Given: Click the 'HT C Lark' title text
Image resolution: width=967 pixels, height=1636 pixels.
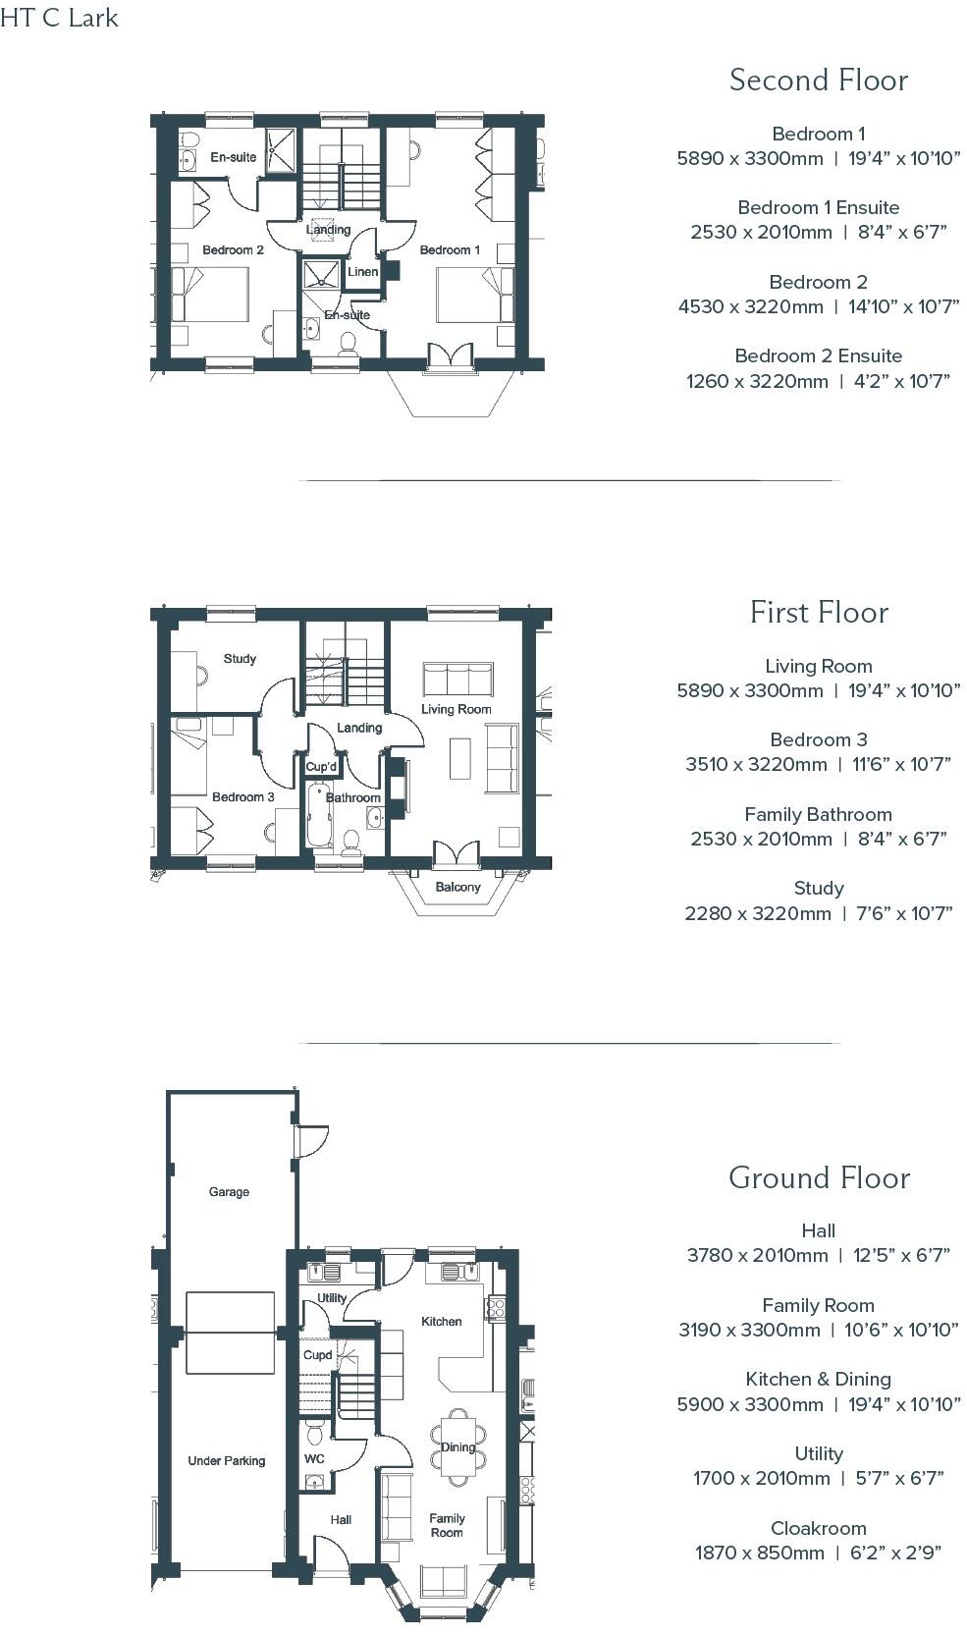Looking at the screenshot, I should pyautogui.click(x=60, y=18).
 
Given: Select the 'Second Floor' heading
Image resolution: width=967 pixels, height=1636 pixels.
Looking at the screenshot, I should pyautogui.click(x=818, y=81).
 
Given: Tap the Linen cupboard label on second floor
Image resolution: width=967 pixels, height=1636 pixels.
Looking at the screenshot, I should pyautogui.click(x=362, y=271).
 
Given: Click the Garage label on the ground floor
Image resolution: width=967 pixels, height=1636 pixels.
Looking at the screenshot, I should pyautogui.click(x=229, y=1192).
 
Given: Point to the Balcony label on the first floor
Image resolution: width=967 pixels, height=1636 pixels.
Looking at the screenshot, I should pyautogui.click(x=457, y=887).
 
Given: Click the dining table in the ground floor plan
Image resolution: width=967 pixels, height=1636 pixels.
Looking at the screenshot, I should pyautogui.click(x=457, y=1446).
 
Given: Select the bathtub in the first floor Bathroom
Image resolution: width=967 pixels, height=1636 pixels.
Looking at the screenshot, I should pyautogui.click(x=320, y=816).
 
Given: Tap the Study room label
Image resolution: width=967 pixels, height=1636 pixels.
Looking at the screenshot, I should pyautogui.click(x=240, y=659).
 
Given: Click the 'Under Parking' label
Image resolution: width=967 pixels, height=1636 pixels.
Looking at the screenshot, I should pyautogui.click(x=227, y=1461).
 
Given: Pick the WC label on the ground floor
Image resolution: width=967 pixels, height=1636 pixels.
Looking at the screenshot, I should pyautogui.click(x=314, y=1459).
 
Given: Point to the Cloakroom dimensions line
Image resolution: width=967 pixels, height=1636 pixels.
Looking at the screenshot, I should pyautogui.click(x=818, y=1553).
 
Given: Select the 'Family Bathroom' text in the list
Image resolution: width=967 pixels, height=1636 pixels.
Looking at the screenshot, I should pyautogui.click(x=818, y=814).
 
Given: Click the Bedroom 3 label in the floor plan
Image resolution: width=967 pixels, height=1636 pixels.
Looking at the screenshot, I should pyautogui.click(x=242, y=796).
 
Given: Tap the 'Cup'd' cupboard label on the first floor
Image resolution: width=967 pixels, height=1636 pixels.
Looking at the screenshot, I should pyautogui.click(x=321, y=767).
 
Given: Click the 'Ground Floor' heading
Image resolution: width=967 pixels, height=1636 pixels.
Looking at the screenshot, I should pyautogui.click(x=819, y=1177).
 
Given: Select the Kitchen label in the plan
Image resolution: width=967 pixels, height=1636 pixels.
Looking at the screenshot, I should pyautogui.click(x=441, y=1322).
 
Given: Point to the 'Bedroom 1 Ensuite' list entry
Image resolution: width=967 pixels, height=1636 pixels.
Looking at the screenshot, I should pyautogui.click(x=818, y=207).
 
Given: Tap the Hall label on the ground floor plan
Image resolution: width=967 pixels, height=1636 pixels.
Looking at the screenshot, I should pyautogui.click(x=341, y=1520).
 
